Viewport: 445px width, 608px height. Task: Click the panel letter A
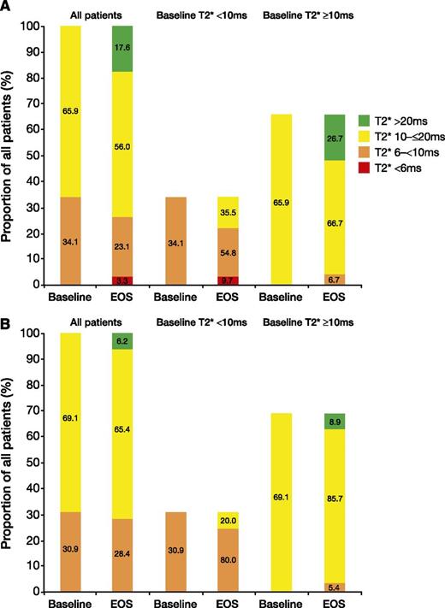pyautogui.click(x=7, y=7)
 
